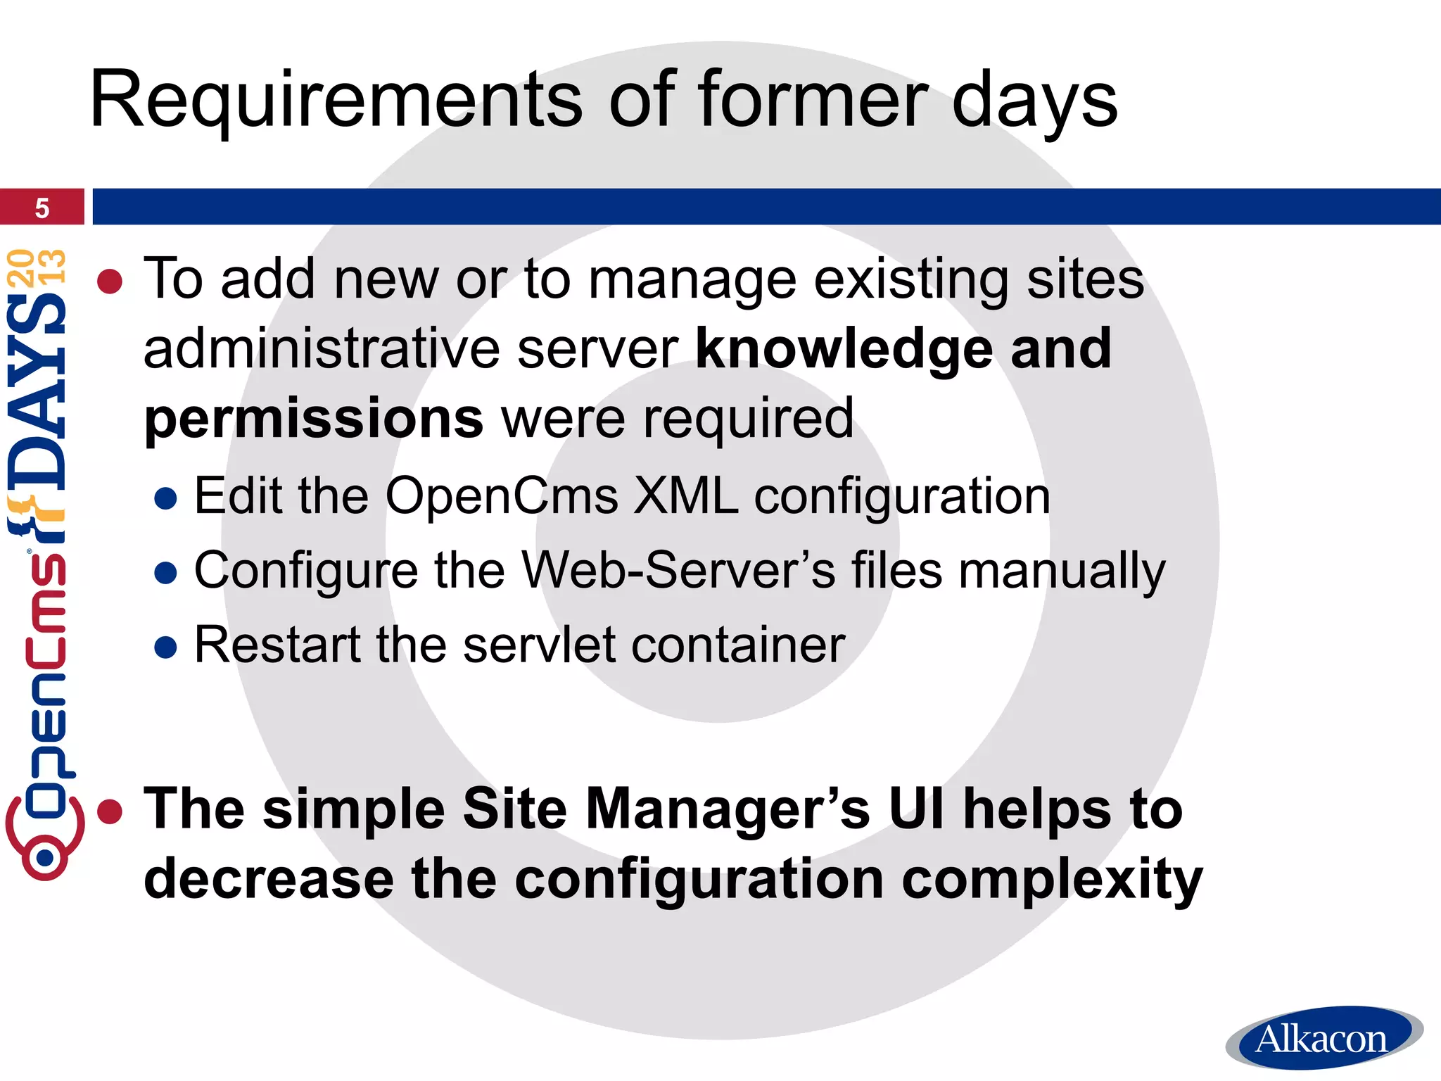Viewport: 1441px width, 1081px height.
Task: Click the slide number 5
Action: tap(42, 208)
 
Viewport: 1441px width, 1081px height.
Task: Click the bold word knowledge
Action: tap(843, 348)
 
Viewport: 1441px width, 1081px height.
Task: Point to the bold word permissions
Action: tap(313, 418)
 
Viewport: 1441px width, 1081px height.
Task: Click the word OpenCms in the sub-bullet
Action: tap(502, 496)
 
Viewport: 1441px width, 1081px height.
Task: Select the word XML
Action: tap(685, 496)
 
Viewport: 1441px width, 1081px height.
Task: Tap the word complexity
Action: tap(1052, 880)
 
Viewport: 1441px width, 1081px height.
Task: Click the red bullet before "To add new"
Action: tap(110, 282)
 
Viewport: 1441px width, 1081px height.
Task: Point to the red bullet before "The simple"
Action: tap(110, 811)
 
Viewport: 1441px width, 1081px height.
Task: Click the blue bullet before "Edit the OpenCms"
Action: tap(165, 499)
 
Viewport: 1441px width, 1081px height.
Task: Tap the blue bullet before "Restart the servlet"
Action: tap(165, 647)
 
